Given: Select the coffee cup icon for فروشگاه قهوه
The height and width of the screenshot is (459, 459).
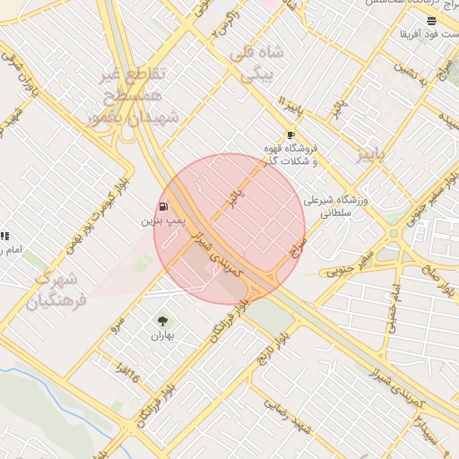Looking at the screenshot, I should tap(290, 135).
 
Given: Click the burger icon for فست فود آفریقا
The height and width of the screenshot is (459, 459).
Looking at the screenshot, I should tap(431, 20).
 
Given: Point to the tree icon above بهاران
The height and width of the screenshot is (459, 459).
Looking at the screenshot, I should tap(161, 320).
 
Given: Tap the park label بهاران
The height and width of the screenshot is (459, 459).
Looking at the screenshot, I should tap(161, 334).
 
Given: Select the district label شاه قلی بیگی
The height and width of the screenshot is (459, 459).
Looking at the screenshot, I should tap(257, 65).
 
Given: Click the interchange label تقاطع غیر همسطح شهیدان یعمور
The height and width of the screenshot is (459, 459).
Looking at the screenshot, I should tap(134, 94).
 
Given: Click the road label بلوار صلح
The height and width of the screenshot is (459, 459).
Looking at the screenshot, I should tap(439, 280).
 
